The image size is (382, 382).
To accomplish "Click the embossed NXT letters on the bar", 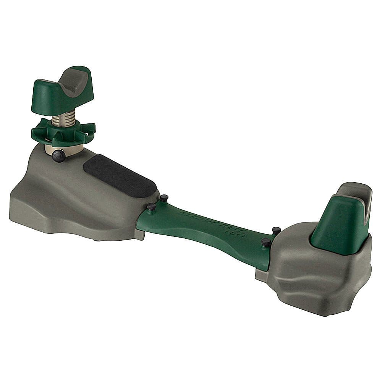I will (232, 231).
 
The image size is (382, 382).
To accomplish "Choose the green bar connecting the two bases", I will (206, 233).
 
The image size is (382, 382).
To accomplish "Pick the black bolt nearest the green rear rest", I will (276, 230).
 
